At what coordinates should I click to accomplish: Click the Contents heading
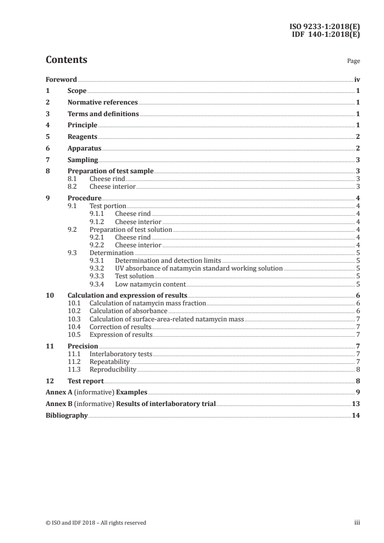(x=66, y=60)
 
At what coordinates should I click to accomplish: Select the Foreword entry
(x=61, y=79)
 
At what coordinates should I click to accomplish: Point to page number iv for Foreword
(x=357, y=79)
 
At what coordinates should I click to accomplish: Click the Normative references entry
(x=103, y=103)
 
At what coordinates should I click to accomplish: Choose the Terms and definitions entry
(x=103, y=114)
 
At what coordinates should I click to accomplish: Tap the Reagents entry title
(x=82, y=137)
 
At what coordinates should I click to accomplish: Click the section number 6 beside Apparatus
(x=47, y=149)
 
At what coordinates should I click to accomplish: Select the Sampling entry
(x=83, y=160)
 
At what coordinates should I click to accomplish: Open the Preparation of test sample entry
(x=110, y=171)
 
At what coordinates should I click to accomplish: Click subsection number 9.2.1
(x=97, y=237)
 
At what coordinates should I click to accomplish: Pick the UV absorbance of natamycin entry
(x=199, y=268)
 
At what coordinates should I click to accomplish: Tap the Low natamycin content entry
(x=150, y=284)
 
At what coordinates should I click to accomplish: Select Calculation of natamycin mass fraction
(x=148, y=303)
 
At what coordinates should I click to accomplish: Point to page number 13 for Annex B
(x=356, y=404)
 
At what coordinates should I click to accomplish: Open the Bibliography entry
(x=66, y=415)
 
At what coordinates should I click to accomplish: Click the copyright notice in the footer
(x=96, y=523)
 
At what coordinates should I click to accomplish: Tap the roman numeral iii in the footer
(x=357, y=523)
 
